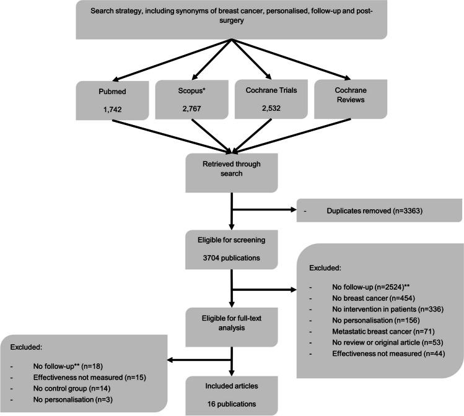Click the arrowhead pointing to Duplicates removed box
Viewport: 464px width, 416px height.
pos(292,210)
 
